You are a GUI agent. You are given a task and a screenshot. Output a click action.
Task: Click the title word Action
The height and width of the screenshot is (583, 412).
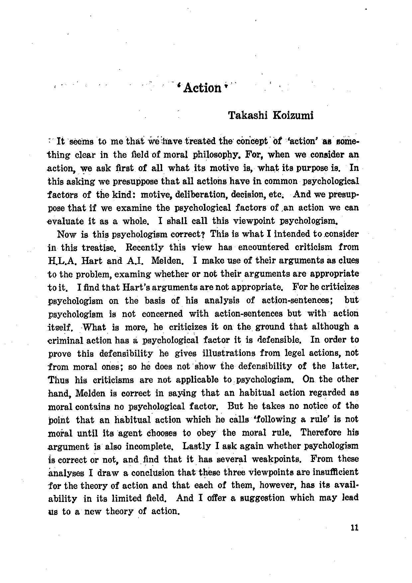coord(202,88)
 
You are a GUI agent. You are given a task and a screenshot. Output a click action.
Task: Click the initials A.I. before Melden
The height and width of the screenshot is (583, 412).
coord(135,261)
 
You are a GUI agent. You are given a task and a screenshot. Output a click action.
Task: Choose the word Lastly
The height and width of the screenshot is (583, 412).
coord(197,446)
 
